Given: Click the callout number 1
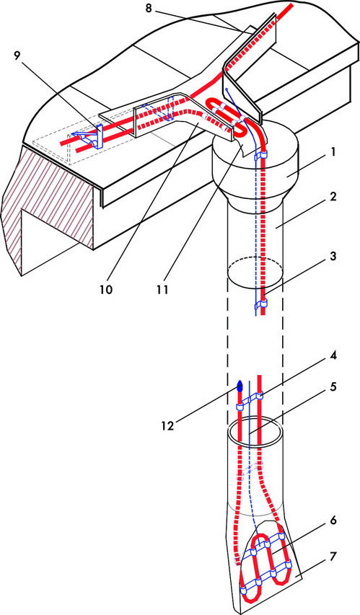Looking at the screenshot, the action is [333, 152].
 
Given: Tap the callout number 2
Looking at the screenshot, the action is [333, 197].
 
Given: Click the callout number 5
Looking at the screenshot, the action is [333, 387].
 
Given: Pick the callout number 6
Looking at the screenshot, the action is [333, 521].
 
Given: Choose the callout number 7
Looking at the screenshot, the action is [333, 557].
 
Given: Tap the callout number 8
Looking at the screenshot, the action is [149, 8].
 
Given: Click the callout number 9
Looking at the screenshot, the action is [17, 56].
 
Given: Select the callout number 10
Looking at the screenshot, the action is [105, 289].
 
